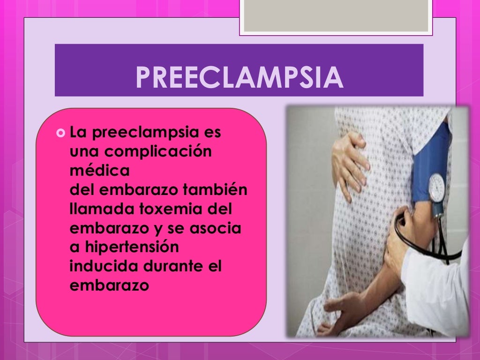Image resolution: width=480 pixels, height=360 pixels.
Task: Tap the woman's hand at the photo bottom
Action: (342, 309)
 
